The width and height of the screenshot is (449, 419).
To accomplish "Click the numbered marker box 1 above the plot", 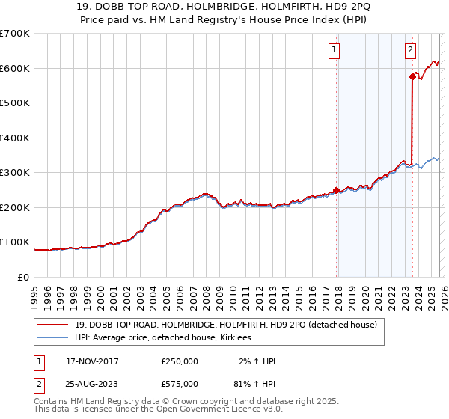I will [334, 51].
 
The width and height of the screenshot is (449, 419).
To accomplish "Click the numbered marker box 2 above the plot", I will [411, 51].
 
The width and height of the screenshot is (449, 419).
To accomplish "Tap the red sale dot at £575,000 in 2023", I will [412, 76].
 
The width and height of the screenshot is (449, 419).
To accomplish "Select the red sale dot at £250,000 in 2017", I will [336, 190].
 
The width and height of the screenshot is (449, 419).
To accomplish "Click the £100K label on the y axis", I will [15, 242].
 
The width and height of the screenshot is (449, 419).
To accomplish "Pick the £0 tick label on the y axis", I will [22, 277].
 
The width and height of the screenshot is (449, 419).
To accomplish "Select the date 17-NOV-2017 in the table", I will [92, 361].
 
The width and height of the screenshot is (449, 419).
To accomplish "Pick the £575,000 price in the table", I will [180, 383].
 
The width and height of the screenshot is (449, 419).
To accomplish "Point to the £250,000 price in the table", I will [180, 361].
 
